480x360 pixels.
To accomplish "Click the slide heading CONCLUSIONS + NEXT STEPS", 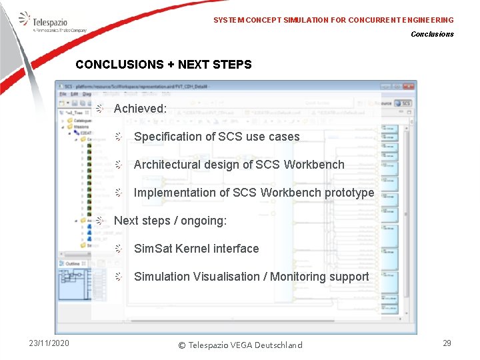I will (163, 65).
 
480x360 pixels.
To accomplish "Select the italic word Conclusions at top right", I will (432, 34).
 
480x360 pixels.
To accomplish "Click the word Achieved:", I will (140, 108).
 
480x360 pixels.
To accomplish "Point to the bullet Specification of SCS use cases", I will (217, 137).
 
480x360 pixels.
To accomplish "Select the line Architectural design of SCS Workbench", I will (239, 165).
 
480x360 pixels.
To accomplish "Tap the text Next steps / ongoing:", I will (170, 221).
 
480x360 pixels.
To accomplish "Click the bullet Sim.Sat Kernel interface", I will (196, 249).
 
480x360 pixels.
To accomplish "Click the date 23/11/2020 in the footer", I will (49, 343).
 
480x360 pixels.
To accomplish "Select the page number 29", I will (447, 343).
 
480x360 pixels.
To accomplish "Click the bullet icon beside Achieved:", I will (99, 108).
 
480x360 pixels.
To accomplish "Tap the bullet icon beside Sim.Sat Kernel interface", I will (118, 249).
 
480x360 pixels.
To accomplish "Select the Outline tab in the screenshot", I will (73, 264).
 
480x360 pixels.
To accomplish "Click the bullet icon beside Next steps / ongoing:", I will (99, 221).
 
